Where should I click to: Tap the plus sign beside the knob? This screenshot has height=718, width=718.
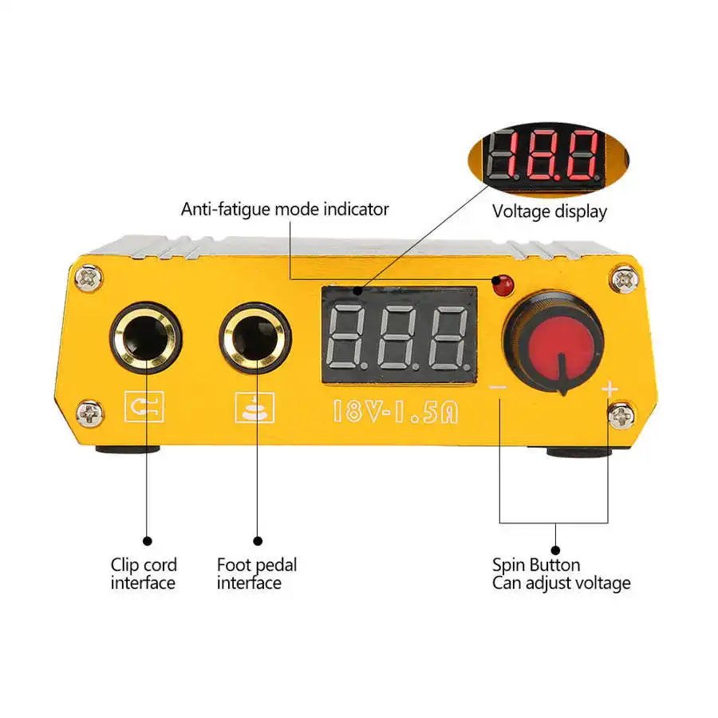click(x=609, y=389)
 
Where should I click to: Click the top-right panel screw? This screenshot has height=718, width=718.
click(x=625, y=279)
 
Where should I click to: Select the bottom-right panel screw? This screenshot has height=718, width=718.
click(x=621, y=415)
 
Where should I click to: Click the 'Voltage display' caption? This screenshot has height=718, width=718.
click(x=549, y=211)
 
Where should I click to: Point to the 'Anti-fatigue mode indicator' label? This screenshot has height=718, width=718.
click(x=285, y=209)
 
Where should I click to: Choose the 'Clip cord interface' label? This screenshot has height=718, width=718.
click(x=144, y=574)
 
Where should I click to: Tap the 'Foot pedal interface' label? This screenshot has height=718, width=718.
click(x=257, y=574)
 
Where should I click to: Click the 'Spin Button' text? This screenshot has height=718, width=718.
click(x=536, y=566)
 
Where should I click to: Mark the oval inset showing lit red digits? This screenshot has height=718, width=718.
click(x=543, y=157)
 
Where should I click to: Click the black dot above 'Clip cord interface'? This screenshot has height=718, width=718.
click(x=146, y=540)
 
